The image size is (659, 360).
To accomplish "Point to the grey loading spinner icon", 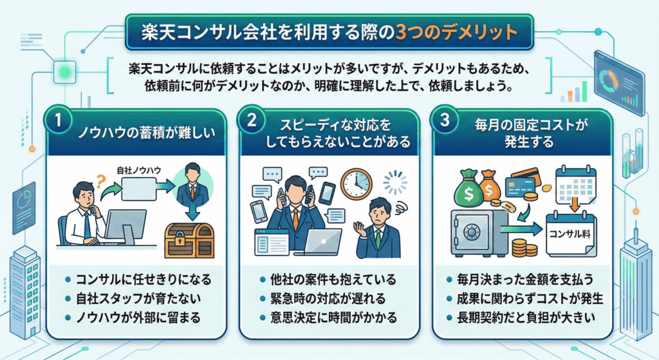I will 396,183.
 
